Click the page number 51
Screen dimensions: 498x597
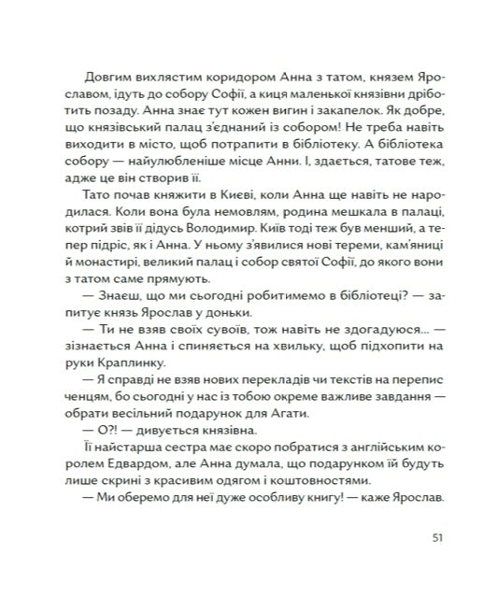(x=439, y=537)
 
